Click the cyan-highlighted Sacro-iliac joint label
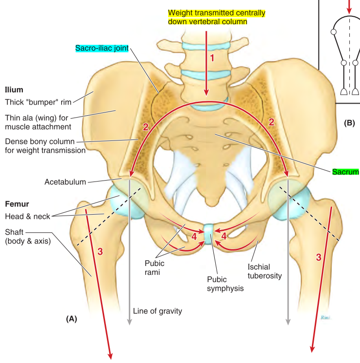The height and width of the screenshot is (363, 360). tap(102, 48)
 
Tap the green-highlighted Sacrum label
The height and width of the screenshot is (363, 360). tap(346, 172)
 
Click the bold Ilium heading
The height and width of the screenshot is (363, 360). tap(14, 89)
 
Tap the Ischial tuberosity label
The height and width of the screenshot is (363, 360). tap(265, 271)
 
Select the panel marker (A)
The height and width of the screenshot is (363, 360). tap(71, 319)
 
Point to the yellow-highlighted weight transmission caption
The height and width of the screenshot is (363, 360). tap(211, 17)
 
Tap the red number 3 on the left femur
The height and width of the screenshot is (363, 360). tap(99, 252)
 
